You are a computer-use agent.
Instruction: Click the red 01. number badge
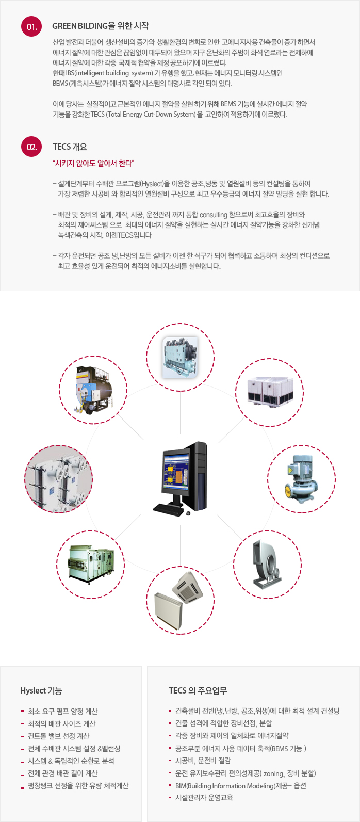(x=31, y=26)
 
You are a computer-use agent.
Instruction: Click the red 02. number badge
(x=31, y=147)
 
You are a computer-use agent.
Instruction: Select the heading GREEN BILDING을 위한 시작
(x=100, y=26)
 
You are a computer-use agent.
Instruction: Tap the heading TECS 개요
(x=70, y=147)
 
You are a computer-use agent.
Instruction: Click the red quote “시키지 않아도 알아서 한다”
(x=93, y=163)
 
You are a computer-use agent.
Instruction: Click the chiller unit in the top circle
(x=180, y=358)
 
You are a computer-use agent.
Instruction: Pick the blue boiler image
(x=93, y=390)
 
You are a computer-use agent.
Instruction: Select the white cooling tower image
(x=270, y=392)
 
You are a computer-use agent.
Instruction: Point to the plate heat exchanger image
(x=59, y=479)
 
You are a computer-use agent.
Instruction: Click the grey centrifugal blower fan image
(x=267, y=565)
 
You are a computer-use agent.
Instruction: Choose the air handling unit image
(x=90, y=563)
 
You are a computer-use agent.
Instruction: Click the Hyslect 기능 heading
(x=41, y=690)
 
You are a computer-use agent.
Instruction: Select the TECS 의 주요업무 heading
(x=198, y=690)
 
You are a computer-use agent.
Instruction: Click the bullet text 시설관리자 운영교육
(x=204, y=797)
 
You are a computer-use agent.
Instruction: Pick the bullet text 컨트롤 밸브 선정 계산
(x=59, y=736)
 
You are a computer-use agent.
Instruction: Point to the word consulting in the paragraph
(x=214, y=215)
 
